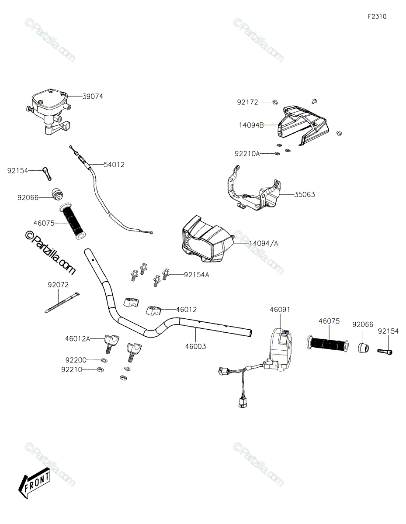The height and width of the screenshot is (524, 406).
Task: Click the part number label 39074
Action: [93, 97]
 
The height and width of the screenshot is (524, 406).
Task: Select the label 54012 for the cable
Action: [114, 165]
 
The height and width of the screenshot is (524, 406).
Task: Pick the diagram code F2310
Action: [377, 17]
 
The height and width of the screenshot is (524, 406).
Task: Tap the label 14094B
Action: [251, 125]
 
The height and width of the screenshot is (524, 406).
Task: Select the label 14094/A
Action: [264, 243]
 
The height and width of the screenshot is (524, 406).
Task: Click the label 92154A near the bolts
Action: [197, 275]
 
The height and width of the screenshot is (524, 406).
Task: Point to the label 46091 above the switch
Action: [280, 309]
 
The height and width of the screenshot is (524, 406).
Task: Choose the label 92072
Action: [58, 284]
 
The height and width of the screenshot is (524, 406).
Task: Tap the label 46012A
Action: [77, 338]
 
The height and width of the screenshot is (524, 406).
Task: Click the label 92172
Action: [248, 102]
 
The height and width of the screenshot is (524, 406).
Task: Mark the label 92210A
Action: [247, 153]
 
